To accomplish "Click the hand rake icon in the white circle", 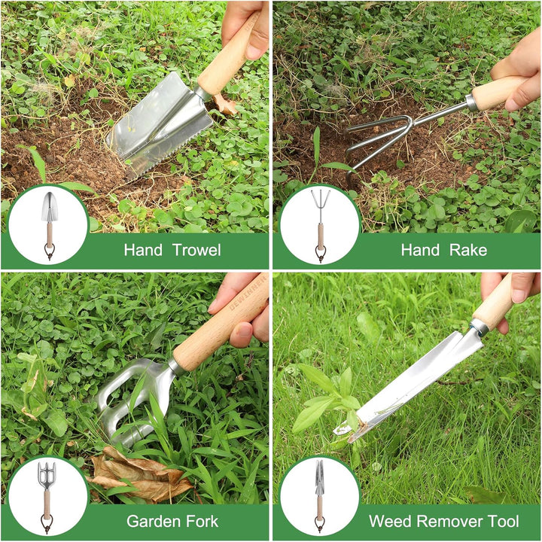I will point(320,224).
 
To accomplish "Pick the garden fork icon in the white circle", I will point(47,496).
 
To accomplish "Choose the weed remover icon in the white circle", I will point(319,496).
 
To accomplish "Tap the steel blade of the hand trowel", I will point(154,128).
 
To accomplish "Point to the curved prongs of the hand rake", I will point(380,135).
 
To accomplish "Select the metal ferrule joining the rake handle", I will point(470,102).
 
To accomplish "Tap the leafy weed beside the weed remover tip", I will point(320,399).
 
